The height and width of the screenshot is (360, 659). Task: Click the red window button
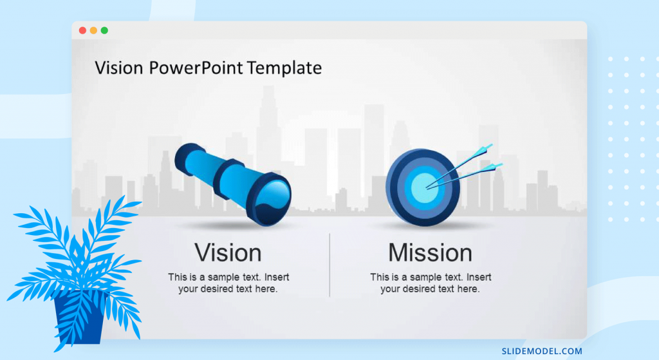pos(83,30)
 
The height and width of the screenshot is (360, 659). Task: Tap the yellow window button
pos(94,30)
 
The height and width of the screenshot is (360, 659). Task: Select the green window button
pos(105,30)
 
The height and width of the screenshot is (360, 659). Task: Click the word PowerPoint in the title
pos(196,68)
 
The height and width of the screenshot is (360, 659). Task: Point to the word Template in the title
pos(284,68)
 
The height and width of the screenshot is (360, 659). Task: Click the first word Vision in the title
pos(119,68)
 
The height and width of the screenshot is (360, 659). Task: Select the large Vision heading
pos(228,252)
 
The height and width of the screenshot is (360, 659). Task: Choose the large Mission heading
pos(430,252)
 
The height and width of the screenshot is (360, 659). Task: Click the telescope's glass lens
pos(275,197)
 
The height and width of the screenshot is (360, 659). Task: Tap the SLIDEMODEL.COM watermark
pos(542,351)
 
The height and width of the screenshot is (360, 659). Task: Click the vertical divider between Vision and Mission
pos(329,265)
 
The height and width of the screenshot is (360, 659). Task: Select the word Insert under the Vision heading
pos(277,277)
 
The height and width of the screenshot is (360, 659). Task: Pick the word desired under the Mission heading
pos(419,289)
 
